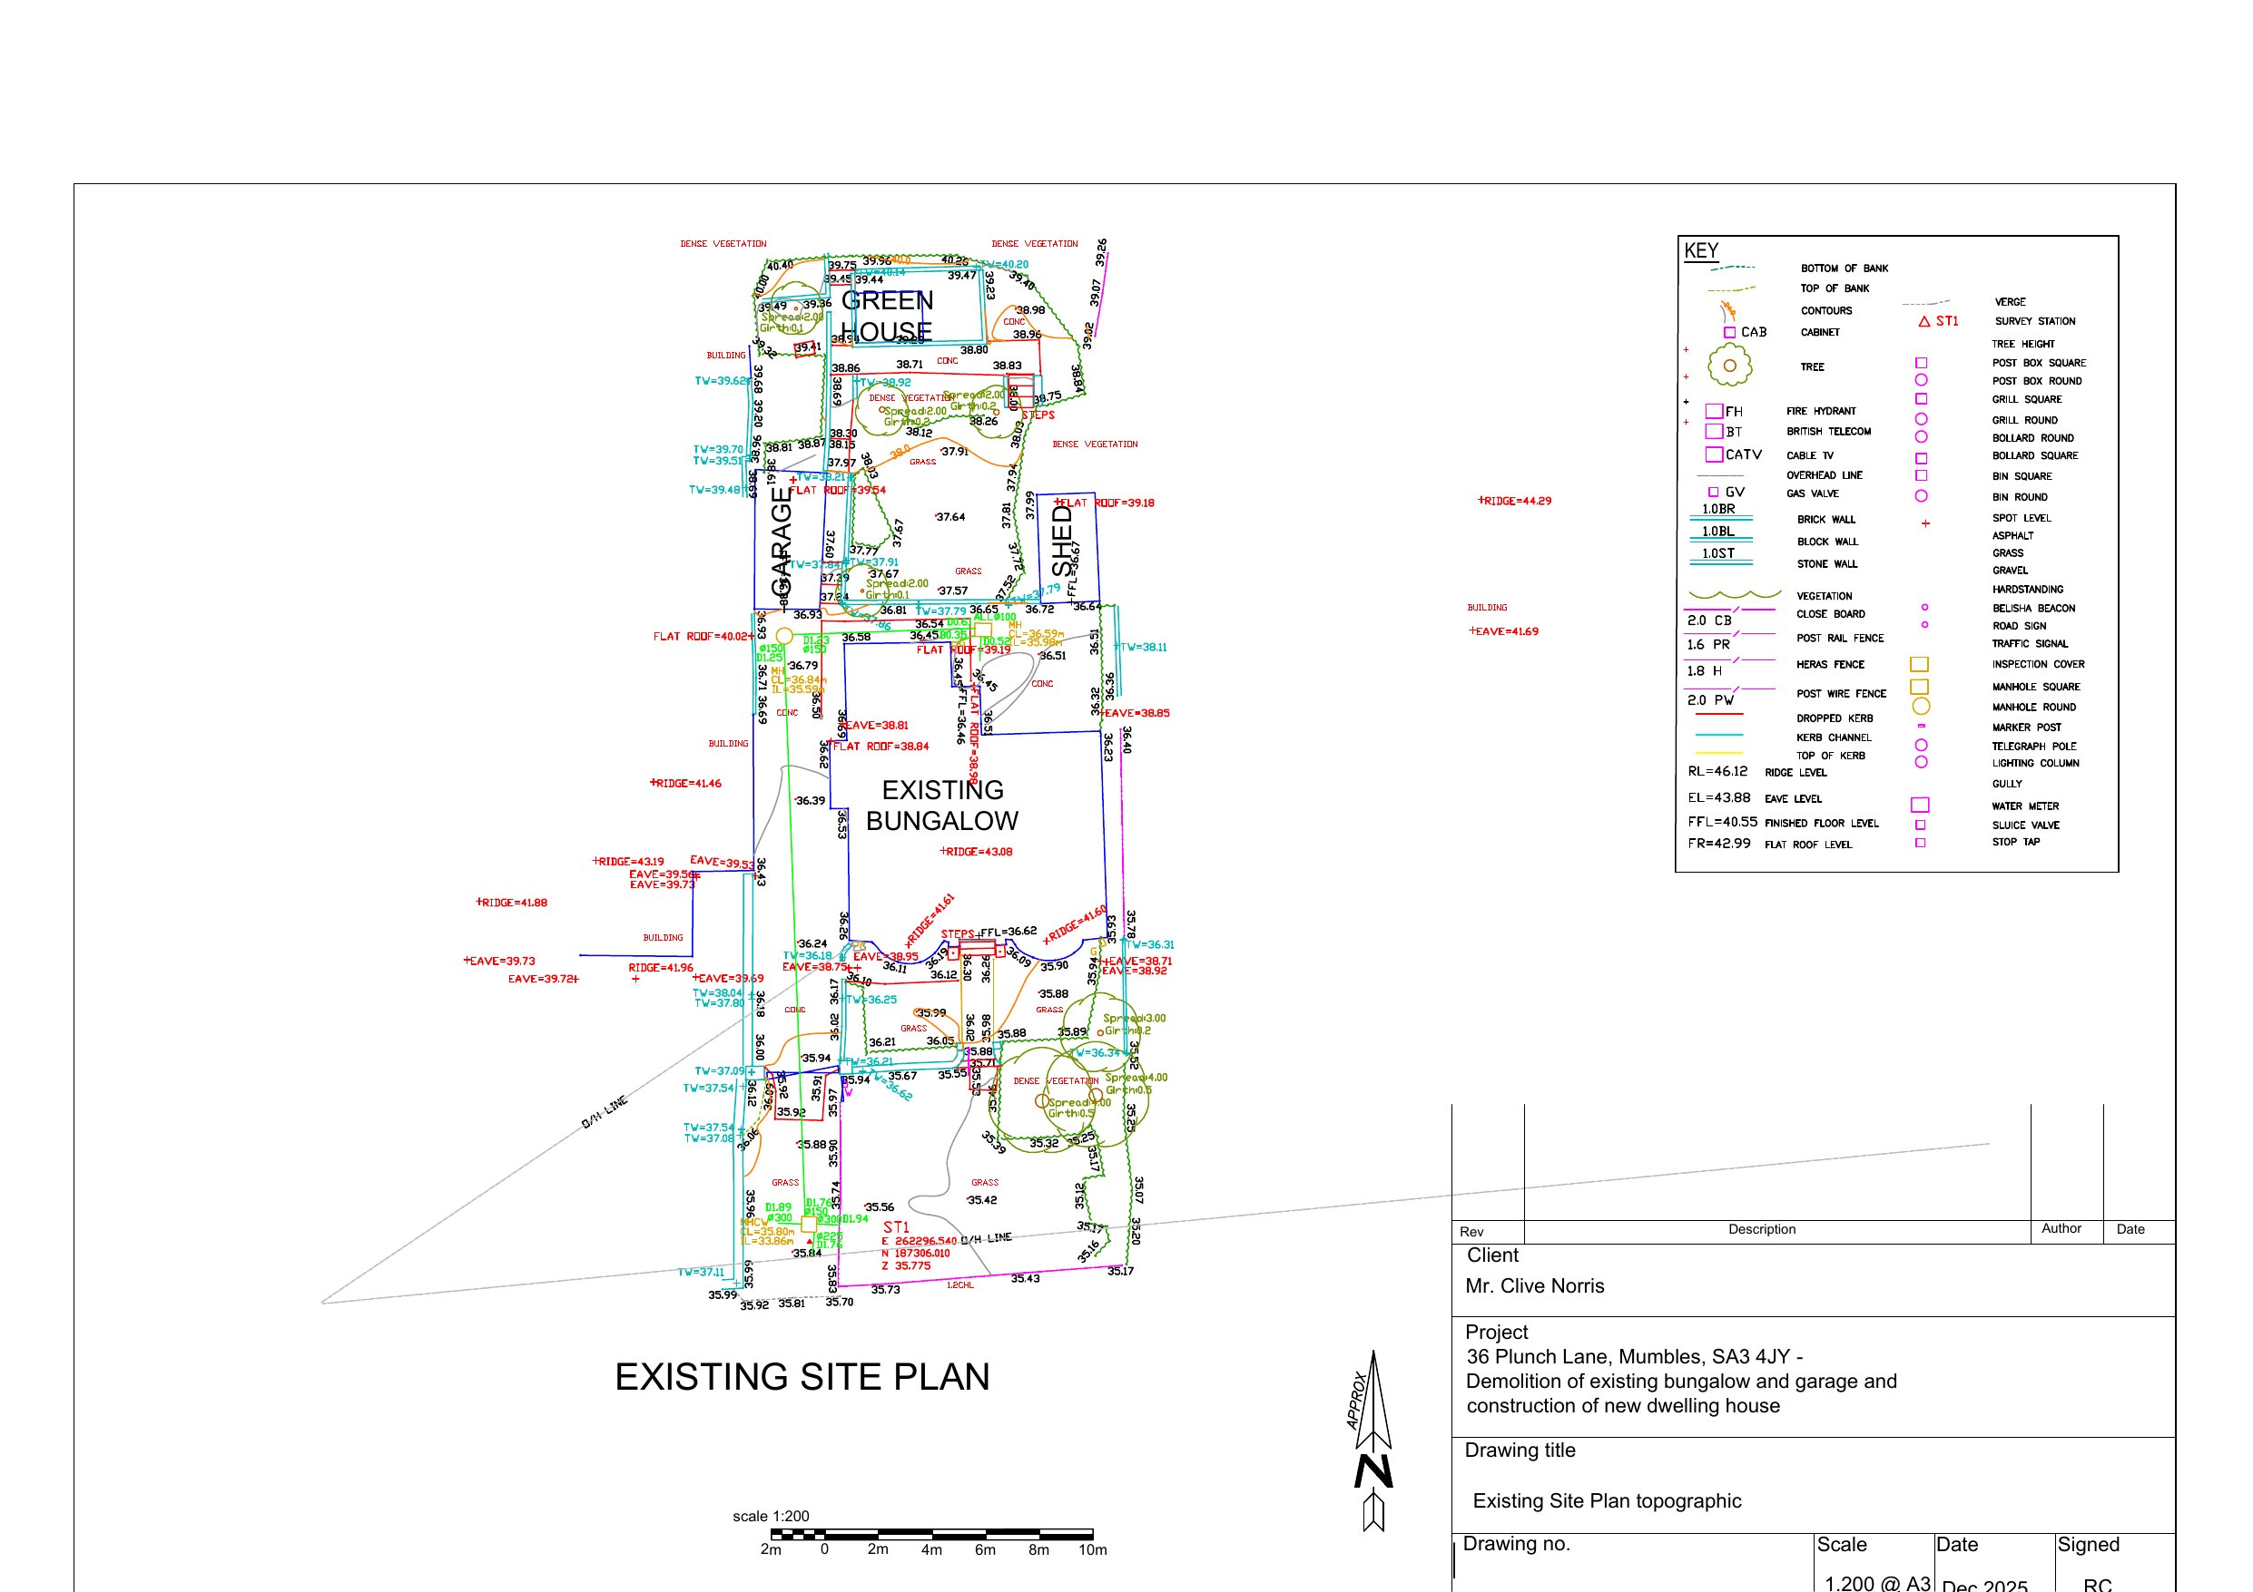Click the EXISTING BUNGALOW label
(941, 806)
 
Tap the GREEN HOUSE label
(887, 316)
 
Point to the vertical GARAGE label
(781, 542)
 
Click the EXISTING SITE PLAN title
(802, 1377)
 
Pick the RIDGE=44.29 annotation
(1516, 502)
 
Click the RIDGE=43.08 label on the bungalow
(978, 852)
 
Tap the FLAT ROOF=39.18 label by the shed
(1105, 503)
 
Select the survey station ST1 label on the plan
(896, 1227)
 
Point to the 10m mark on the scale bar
(1092, 1550)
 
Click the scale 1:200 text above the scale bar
(771, 1517)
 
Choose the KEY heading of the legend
(1700, 250)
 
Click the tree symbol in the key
(1729, 366)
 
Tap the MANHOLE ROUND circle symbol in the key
(1921, 707)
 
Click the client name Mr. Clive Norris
(1534, 1286)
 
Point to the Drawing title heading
(1519, 1450)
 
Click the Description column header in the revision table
(1761, 1229)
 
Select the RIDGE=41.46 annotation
(687, 784)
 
